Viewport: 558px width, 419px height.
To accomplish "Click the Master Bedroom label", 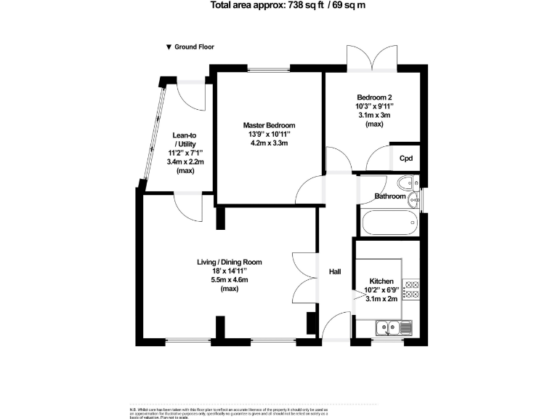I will coord(268,125).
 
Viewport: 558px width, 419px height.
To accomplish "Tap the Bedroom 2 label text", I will coord(375,97).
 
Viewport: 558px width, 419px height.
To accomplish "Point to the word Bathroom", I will coord(389,196).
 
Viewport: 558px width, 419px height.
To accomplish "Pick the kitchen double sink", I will coord(394,329).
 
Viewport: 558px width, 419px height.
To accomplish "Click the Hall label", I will coord(335,271).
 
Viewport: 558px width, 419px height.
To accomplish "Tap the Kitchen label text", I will coord(381,282).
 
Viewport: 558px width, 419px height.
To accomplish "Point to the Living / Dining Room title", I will coord(229,262).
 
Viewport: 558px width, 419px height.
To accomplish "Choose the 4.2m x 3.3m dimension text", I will coord(268,143).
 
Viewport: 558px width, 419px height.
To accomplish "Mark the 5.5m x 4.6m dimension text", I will coord(229,280).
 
